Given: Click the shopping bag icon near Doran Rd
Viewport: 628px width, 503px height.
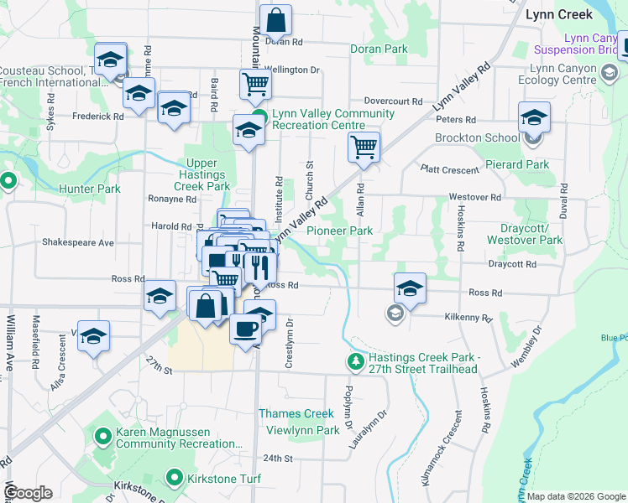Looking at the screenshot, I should point(275,18).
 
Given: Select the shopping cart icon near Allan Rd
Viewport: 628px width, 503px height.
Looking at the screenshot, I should point(364,147).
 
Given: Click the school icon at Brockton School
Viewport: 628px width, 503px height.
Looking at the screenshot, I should point(534,118).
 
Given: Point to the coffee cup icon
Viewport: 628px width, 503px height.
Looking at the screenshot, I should point(245,328).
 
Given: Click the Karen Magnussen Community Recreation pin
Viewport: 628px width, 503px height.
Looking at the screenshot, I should point(103,437).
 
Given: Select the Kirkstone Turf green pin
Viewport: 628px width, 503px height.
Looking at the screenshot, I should point(175,478).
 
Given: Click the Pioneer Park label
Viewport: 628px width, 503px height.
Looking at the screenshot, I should point(339,231).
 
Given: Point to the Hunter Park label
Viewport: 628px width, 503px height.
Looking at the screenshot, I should point(90,189).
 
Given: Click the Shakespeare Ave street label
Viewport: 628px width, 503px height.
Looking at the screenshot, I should point(77,242).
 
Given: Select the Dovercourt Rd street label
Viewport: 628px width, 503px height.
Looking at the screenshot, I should point(393,101).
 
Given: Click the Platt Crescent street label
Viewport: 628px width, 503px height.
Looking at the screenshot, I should point(451,169).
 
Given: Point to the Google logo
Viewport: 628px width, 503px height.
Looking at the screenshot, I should point(28,492).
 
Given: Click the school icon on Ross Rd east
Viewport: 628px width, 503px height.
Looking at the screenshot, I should point(410,288).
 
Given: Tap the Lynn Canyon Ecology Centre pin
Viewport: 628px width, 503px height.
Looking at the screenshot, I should point(607,74).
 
